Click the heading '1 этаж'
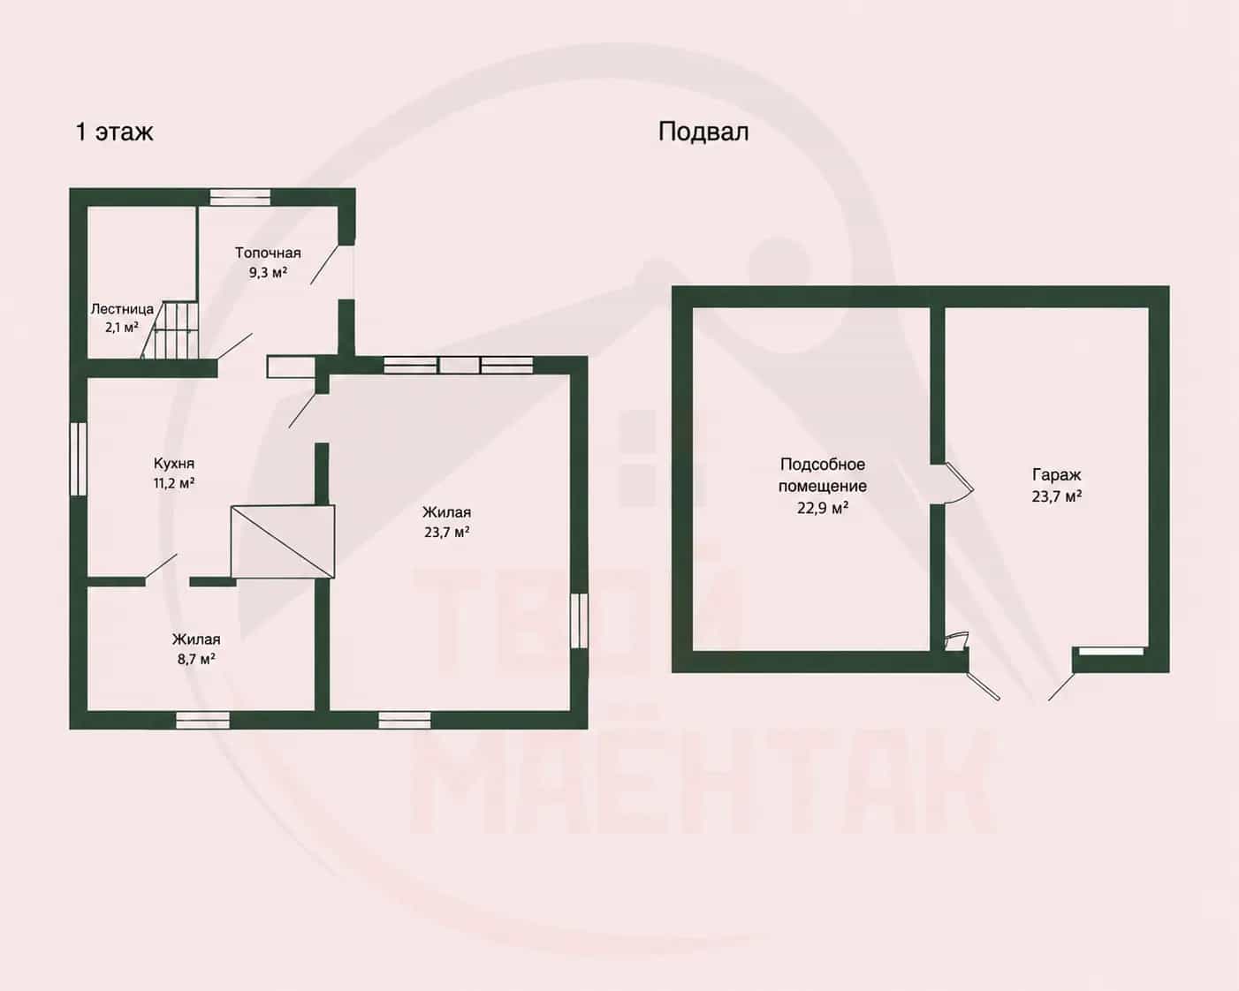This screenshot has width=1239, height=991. [x=115, y=132]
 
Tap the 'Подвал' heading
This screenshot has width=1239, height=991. [x=703, y=132]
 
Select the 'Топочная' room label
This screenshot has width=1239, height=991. [x=268, y=253]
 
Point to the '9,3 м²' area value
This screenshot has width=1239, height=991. [x=268, y=272]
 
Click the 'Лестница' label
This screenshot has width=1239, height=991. [x=122, y=309]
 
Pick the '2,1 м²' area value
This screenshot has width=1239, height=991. [x=121, y=328]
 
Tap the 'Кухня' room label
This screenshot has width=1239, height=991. [x=174, y=464]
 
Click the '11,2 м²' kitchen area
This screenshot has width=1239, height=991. [x=173, y=483]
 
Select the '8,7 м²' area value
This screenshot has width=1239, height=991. [x=196, y=659]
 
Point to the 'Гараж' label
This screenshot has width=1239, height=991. [x=1056, y=475]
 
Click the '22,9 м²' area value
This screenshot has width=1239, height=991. [x=822, y=508]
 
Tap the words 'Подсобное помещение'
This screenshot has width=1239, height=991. [x=822, y=475]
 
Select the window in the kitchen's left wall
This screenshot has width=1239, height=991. [x=78, y=458]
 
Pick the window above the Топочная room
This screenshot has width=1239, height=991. [x=239, y=197]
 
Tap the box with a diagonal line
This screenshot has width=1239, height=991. [x=283, y=541]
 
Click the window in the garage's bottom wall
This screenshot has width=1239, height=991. [x=1111, y=651]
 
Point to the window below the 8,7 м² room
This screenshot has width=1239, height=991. [x=202, y=720]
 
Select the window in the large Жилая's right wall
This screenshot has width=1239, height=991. [x=579, y=621]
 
